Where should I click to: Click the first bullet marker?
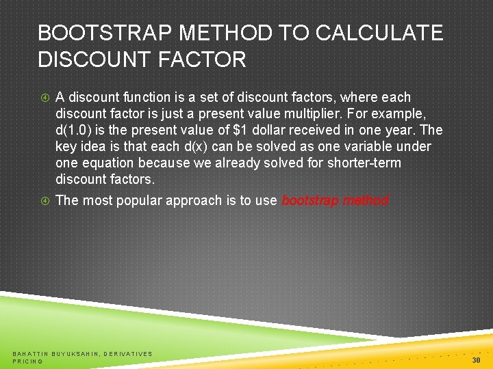[x=45, y=98]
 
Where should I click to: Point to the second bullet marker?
[x=45, y=201]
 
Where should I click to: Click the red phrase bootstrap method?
[x=335, y=201]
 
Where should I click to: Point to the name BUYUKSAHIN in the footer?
[x=79, y=353]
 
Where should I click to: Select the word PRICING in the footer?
[x=27, y=361]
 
